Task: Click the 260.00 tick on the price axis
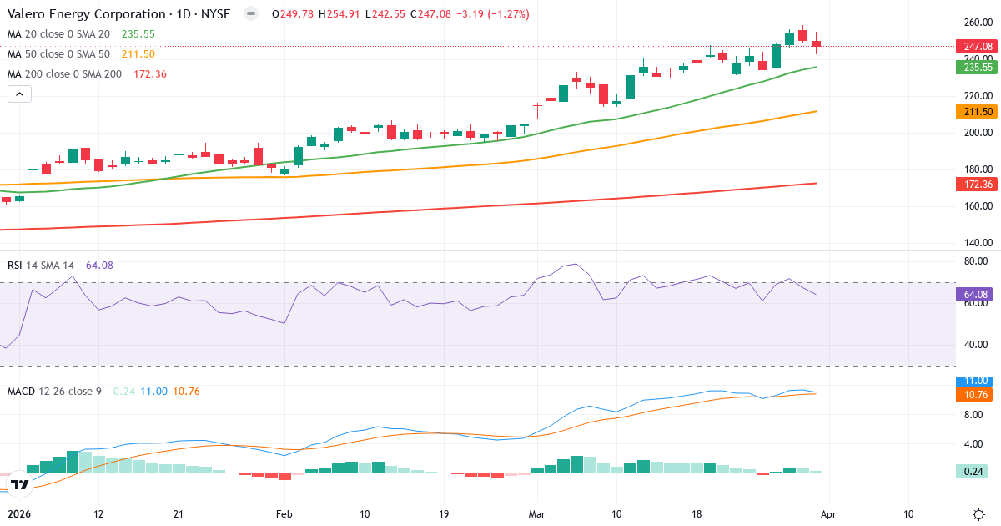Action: (x=978, y=23)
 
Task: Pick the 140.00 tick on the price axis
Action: (x=978, y=243)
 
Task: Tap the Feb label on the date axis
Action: (x=284, y=513)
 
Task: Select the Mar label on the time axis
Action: (x=536, y=513)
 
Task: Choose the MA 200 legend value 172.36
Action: (x=150, y=74)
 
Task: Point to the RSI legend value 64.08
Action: (x=99, y=266)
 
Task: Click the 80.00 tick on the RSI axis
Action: (x=978, y=261)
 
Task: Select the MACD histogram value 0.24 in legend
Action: (x=123, y=391)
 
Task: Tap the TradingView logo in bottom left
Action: (x=20, y=484)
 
